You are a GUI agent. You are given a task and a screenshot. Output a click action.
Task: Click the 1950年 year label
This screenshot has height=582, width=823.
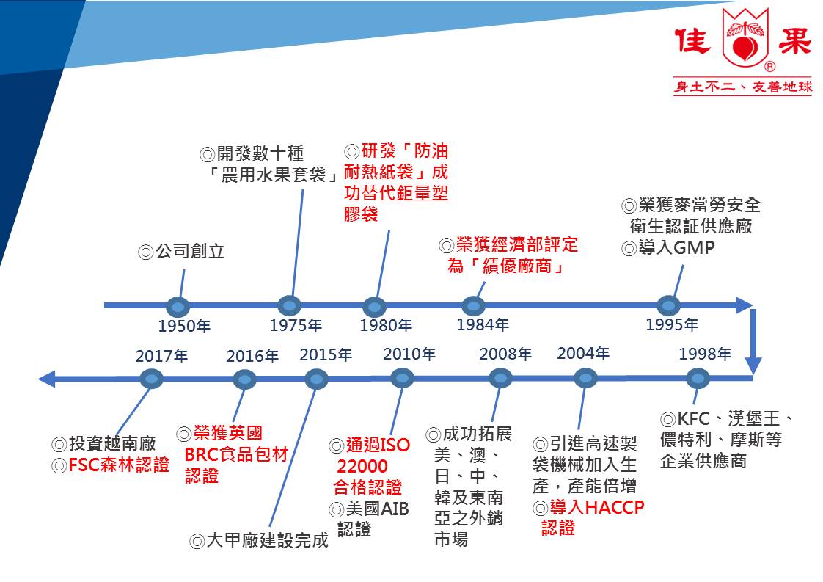pyautogui.click(x=184, y=326)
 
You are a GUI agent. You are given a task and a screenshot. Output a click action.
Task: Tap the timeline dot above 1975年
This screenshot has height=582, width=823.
pyautogui.click(x=289, y=306)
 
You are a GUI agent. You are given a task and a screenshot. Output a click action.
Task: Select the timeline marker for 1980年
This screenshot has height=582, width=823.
pyautogui.click(x=374, y=307)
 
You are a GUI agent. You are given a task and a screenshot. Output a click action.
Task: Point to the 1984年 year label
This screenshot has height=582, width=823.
pyautogui.click(x=483, y=324)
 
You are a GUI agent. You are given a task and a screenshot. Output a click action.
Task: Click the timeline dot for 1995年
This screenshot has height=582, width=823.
pyautogui.click(x=669, y=306)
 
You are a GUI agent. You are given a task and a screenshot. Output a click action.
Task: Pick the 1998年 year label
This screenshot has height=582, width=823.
pyautogui.click(x=705, y=354)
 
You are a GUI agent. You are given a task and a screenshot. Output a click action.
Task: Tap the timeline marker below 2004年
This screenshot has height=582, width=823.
pyautogui.click(x=585, y=378)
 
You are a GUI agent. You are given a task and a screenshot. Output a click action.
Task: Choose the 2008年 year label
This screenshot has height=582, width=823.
pyautogui.click(x=505, y=354)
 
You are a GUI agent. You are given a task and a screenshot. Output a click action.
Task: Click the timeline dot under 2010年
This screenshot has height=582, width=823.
pyautogui.click(x=403, y=378)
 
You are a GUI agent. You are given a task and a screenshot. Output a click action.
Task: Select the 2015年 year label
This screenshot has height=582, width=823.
pyautogui.click(x=326, y=354)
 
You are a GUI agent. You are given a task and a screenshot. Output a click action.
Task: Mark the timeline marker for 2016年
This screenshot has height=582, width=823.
pyautogui.click(x=244, y=379)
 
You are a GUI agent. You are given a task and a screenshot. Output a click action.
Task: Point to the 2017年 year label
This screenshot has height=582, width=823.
pyautogui.click(x=161, y=356)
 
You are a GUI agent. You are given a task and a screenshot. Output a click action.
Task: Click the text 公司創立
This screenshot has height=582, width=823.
pyautogui.click(x=190, y=251)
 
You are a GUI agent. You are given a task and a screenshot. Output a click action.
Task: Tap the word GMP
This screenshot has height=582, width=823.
pyautogui.click(x=694, y=247)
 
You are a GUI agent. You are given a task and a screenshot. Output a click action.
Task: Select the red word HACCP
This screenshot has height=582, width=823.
pyautogui.click(x=614, y=507)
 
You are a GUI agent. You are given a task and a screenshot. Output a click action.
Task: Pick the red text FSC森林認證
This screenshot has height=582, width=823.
pyautogui.click(x=119, y=465)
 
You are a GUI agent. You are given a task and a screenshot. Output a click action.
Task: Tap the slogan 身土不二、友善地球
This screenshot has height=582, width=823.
pyautogui.click(x=743, y=87)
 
